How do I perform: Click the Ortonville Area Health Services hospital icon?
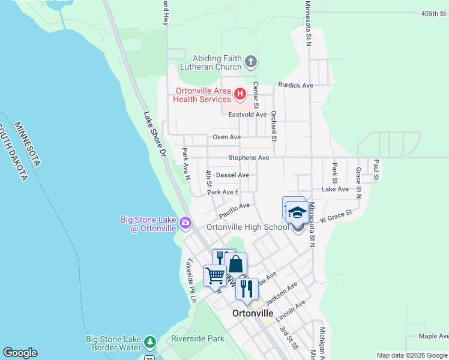[240, 94]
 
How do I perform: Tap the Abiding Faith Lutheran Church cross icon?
[252, 61]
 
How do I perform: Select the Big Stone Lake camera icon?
[185, 223]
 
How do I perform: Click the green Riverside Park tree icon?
[149, 343]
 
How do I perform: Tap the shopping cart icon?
[215, 276]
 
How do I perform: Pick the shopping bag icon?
[236, 264]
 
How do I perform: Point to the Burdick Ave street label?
[295, 85]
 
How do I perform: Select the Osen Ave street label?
[227, 137]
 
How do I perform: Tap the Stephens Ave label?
[249, 158]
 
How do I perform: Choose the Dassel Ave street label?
[232, 175]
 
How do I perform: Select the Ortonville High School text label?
[248, 227]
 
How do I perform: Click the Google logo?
[20, 353]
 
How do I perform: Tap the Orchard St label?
[273, 125]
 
